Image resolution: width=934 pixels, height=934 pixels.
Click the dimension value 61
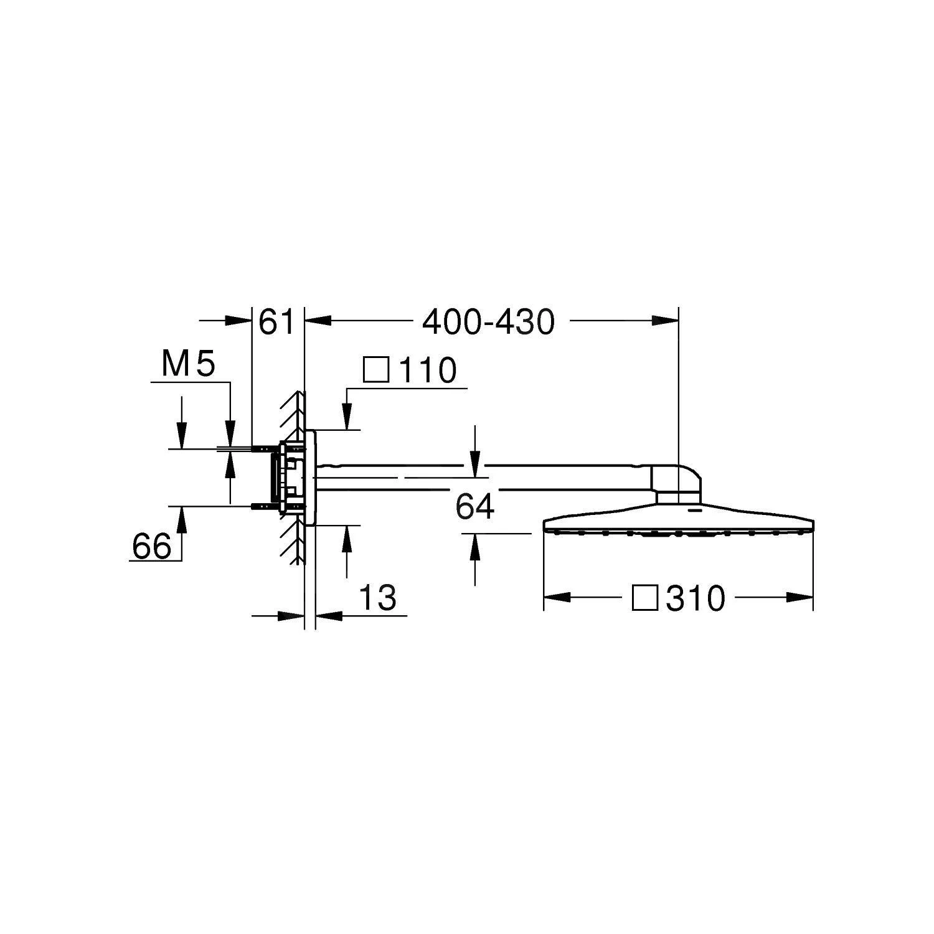coord(276,323)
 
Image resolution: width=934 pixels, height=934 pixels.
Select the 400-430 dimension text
coord(488,323)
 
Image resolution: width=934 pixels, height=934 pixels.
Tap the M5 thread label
coord(187,364)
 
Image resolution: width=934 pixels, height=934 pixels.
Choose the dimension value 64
coord(474,507)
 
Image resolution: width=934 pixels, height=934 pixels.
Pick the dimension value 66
coord(151,547)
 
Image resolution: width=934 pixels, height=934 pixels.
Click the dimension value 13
coord(377,598)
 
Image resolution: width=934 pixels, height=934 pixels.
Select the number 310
coord(696,599)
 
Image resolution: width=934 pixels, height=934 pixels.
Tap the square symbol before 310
coord(644,598)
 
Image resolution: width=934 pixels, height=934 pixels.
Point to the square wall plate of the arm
coord(311,477)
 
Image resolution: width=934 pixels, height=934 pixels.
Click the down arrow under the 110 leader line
coord(346,416)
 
